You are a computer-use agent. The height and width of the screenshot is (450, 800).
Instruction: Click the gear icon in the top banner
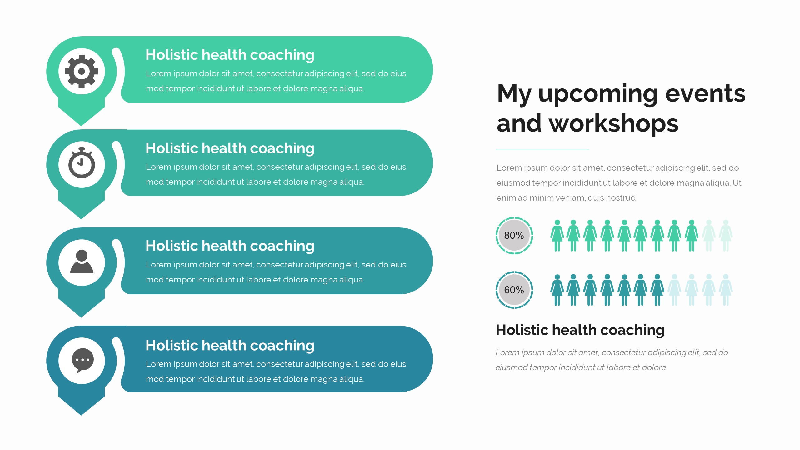point(82,71)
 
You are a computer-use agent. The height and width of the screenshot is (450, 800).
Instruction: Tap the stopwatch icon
point(82,163)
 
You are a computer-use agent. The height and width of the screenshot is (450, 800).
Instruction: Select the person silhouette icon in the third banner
point(82,262)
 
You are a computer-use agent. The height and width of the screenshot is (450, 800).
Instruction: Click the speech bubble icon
point(82,361)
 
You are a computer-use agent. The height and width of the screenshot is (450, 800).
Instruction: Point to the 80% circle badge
point(514,236)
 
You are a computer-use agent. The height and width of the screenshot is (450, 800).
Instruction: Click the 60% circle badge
point(514,290)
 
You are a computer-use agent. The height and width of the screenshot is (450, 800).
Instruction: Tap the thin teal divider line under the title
point(542,150)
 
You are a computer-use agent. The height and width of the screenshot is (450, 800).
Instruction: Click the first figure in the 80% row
point(557,236)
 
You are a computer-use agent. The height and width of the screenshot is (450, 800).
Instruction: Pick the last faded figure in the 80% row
point(726,236)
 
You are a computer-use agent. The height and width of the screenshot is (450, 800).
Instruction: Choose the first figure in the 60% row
point(557,290)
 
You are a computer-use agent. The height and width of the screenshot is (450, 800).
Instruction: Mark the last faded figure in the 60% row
point(726,290)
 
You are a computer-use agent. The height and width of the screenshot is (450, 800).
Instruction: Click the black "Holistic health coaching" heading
point(580,330)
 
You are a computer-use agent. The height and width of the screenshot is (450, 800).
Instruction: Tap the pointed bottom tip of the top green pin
point(81,126)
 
